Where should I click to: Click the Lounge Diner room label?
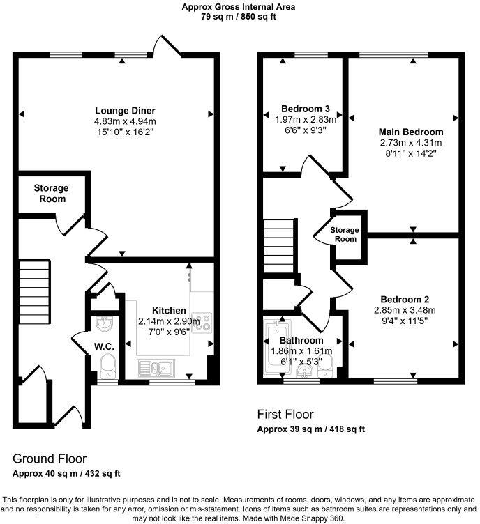pyautogui.click(x=125, y=110)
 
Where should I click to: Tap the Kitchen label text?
pyautogui.click(x=170, y=310)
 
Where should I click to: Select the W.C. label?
pyautogui.click(x=105, y=346)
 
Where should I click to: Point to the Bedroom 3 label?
pyautogui.click(x=306, y=109)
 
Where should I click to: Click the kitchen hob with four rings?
pyautogui.click(x=202, y=322)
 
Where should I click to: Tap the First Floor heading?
pyautogui.click(x=285, y=415)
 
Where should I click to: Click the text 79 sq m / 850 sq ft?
pyautogui.click(x=239, y=16)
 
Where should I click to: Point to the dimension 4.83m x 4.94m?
pyautogui.click(x=126, y=121)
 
